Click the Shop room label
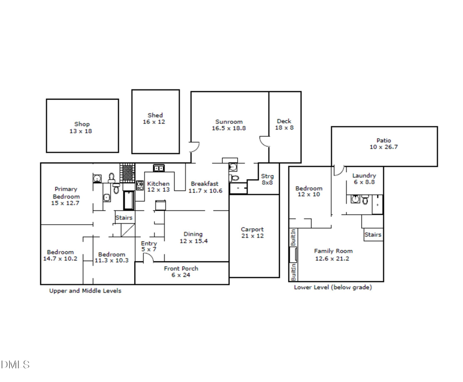pyautogui.click(x=82, y=128)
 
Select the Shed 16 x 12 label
pyautogui.click(x=155, y=119)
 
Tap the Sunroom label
pyautogui.click(x=228, y=125)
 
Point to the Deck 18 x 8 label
pyautogui.click(x=284, y=124)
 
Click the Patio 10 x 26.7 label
pyautogui.click(x=383, y=143)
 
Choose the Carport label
pyautogui.click(x=252, y=232)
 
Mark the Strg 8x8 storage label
pyautogui.click(x=267, y=179)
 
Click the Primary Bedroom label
pyautogui.click(x=66, y=196)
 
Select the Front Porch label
pyautogui.click(x=181, y=271)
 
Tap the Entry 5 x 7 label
pyautogui.click(x=149, y=246)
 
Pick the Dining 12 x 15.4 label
pyautogui.click(x=193, y=238)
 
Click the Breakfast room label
pyautogui.click(x=204, y=187)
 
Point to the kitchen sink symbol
pyautogui.click(x=158, y=168)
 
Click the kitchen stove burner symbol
pyautogui.click(x=139, y=185)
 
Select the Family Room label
pyautogui.click(x=333, y=254)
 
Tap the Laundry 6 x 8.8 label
pyautogui.click(x=364, y=178)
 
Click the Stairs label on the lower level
pyautogui.click(x=372, y=235)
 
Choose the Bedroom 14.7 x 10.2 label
pyautogui.click(x=60, y=255)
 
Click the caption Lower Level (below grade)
pyautogui.click(x=332, y=287)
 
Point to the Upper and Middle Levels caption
pyautogui.click(x=85, y=290)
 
